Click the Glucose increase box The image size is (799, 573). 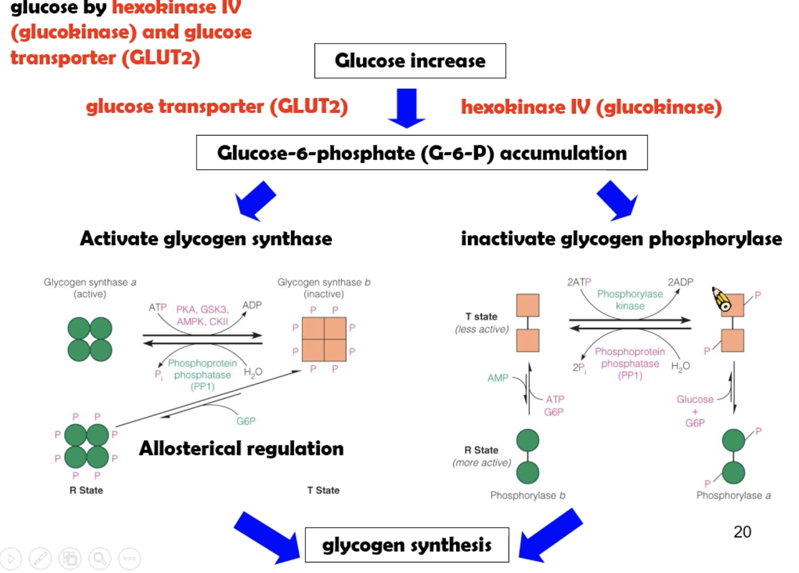[410, 61]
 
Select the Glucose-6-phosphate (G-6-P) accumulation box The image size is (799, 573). [422, 153]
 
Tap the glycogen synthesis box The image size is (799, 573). [407, 545]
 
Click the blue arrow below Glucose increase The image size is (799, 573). [406, 108]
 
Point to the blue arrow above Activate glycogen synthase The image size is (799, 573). [255, 200]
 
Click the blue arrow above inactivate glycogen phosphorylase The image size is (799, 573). [617, 200]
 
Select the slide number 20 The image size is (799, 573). [742, 532]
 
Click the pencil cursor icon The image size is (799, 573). [721, 299]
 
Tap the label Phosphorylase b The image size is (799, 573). [528, 495]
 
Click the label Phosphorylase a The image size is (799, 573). [733, 495]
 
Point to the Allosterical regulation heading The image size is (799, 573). [241, 449]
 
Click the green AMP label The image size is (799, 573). [498, 378]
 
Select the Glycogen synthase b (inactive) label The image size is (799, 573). [324, 288]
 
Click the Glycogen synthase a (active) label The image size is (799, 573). [90, 288]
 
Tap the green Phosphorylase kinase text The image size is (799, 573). [630, 300]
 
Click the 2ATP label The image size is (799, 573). [579, 282]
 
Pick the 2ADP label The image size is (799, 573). [681, 282]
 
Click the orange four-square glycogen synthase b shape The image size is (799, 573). [324, 339]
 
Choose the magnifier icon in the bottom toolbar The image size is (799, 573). [99, 559]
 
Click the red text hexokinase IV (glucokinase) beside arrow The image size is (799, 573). [591, 107]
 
